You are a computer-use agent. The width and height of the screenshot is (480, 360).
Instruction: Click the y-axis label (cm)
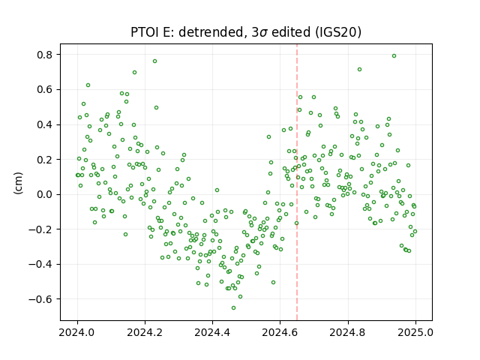tap(18, 183)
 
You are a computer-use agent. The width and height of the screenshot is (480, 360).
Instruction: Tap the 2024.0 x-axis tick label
tap(77, 332)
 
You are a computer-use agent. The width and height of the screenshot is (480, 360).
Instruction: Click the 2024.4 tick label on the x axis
tap(212, 332)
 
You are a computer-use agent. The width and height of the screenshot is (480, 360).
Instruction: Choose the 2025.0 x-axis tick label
tap(415, 332)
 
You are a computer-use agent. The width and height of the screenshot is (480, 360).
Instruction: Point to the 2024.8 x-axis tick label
tap(348, 332)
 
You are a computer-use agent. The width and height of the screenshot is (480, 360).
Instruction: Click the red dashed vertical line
tap(297, 182)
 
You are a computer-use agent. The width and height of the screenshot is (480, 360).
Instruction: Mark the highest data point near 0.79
tap(394, 56)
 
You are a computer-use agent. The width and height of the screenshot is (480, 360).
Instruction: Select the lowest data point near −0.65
tap(233, 308)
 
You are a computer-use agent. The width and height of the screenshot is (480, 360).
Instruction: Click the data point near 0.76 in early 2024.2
tap(155, 61)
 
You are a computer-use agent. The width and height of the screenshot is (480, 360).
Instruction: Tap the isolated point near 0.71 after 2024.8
tap(360, 70)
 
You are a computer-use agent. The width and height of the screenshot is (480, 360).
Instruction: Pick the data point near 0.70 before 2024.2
tap(134, 73)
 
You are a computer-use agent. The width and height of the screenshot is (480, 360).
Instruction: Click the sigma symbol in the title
tap(263, 33)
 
